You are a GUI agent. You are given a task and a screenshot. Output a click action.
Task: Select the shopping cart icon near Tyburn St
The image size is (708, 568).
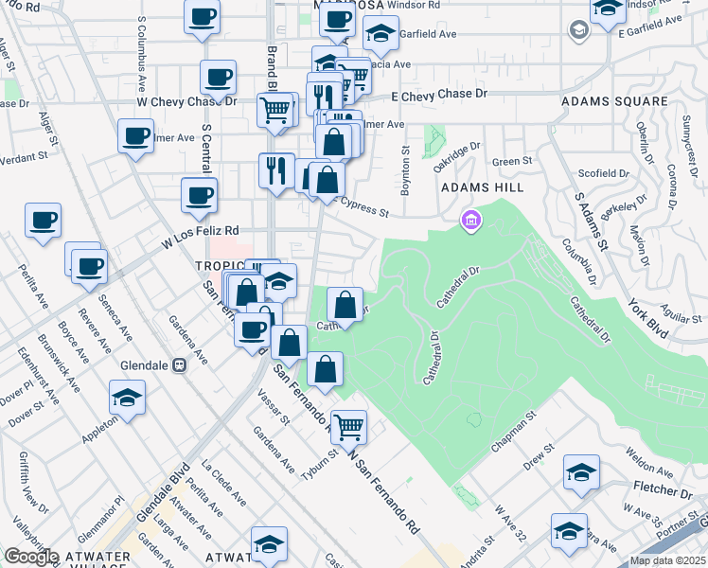point(348,427)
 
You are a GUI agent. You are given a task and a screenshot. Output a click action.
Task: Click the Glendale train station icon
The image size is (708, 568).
point(179,365)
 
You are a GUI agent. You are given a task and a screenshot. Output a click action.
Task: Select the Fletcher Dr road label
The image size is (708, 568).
point(660,492)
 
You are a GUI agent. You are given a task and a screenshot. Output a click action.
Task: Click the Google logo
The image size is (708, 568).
point(31,557)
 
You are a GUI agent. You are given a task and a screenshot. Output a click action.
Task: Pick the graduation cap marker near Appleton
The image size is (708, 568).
point(127,398)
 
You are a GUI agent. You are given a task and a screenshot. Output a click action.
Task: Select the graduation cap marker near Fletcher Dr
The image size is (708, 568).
point(581,472)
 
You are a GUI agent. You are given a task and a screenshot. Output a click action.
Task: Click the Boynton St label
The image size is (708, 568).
point(405,169)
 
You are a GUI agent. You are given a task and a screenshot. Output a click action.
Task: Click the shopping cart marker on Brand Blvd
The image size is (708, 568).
point(275,109)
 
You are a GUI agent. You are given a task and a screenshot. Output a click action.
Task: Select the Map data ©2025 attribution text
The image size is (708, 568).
point(668,560)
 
